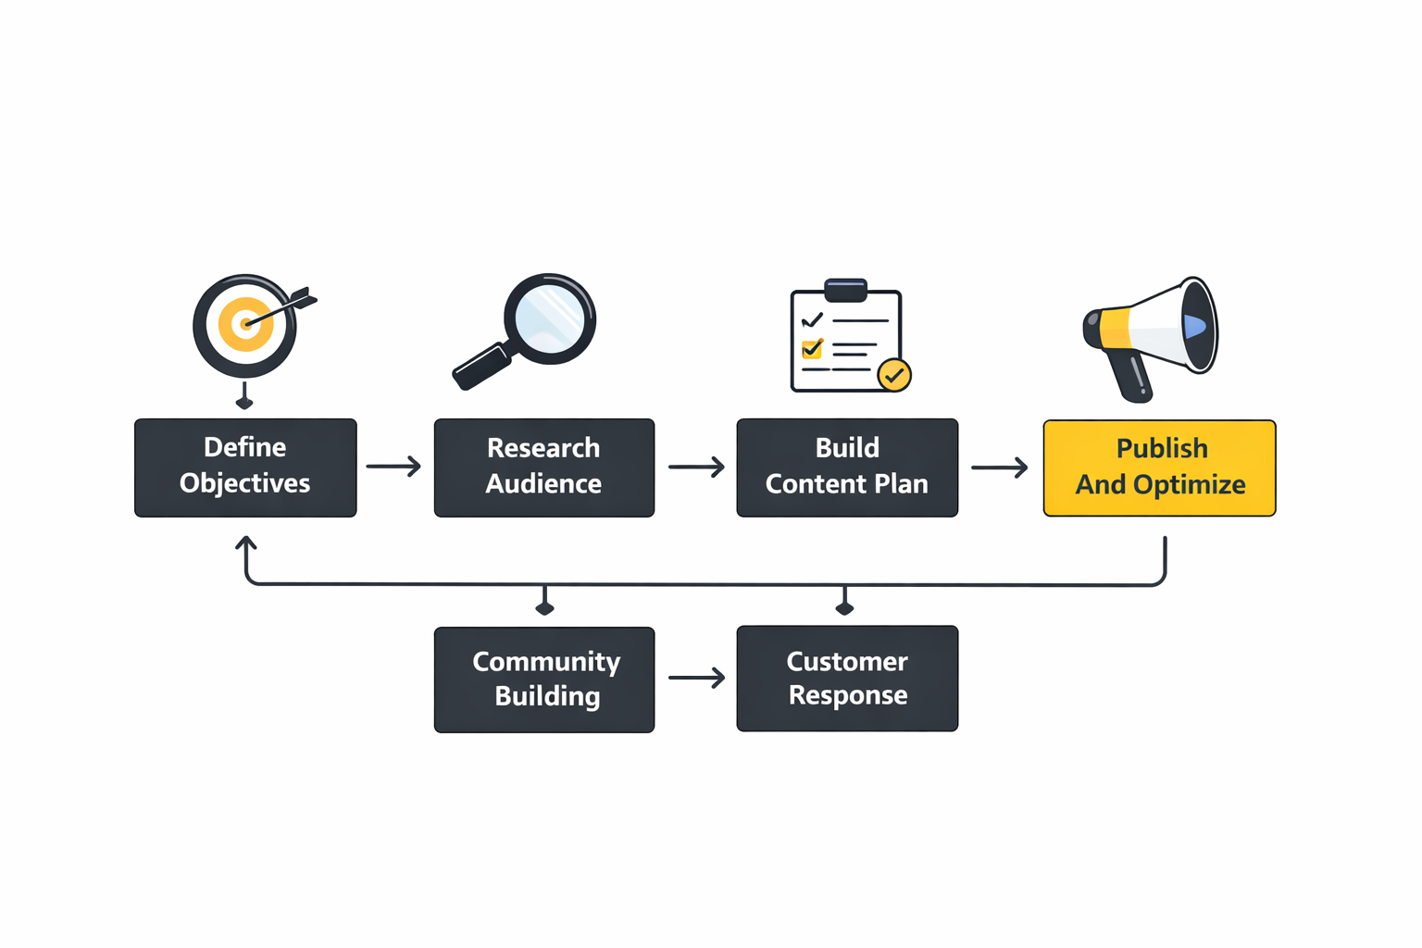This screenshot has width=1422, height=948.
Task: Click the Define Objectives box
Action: pyautogui.click(x=245, y=468)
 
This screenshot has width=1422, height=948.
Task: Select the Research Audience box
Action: pyautogui.click(x=544, y=468)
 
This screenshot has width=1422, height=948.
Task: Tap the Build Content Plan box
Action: pyautogui.click(x=847, y=468)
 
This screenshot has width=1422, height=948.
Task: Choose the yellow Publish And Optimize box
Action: pyautogui.click(x=1159, y=468)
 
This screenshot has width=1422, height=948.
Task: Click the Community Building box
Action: pyautogui.click(x=544, y=680)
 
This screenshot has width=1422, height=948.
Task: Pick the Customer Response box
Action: pyautogui.click(x=847, y=679)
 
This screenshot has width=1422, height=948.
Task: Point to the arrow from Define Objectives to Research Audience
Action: pyautogui.click(x=393, y=466)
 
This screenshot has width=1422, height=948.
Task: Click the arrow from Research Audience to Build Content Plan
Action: pyautogui.click(x=696, y=467)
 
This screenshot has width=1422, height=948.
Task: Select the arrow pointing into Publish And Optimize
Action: pyautogui.click(x=999, y=468)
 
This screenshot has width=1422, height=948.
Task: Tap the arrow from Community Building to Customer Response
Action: pyautogui.click(x=696, y=678)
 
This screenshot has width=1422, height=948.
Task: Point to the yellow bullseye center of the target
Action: pyautogui.click(x=245, y=324)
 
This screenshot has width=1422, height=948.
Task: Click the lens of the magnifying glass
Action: pyautogui.click(x=550, y=318)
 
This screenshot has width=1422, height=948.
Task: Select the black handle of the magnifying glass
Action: pyautogui.click(x=480, y=367)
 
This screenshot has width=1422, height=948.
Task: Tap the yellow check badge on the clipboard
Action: pyautogui.click(x=894, y=375)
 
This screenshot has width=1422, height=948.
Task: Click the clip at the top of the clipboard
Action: pyautogui.click(x=845, y=290)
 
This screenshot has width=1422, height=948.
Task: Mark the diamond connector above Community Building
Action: pyautogui.click(x=544, y=607)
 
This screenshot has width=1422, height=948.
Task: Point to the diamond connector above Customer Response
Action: pyautogui.click(x=844, y=607)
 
